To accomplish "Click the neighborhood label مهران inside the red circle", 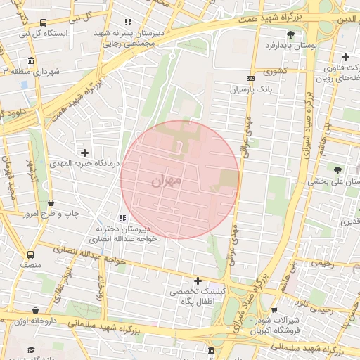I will [x=167, y=181].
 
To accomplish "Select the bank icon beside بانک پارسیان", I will [x=251, y=78].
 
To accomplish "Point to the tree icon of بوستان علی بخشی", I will [x=338, y=169].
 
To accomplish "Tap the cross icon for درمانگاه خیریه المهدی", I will [x=85, y=152].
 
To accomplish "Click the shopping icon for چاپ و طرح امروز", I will [x=51, y=202].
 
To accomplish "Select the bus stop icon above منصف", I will [x=30, y=255].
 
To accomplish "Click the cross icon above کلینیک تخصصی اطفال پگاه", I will [x=198, y=280].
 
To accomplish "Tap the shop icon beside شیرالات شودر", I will [x=273, y=309].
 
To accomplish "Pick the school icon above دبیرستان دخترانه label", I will [x=122, y=218].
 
